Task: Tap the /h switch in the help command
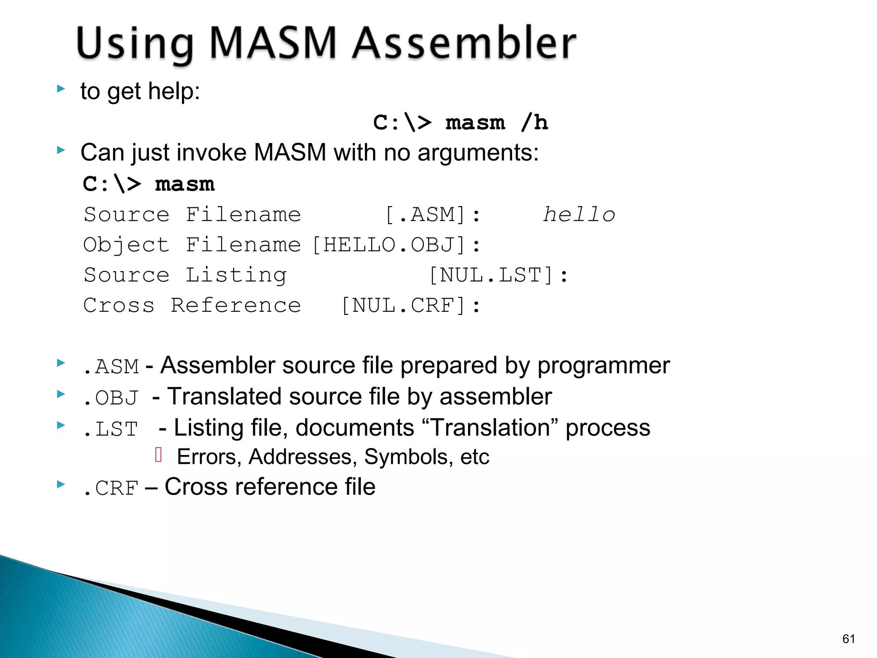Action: (534, 123)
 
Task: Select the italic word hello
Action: (579, 215)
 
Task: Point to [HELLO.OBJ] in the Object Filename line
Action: (389, 245)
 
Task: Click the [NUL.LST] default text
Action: (492, 275)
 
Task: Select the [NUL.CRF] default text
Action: (404, 306)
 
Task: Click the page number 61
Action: (848, 639)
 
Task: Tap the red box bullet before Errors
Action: (158, 455)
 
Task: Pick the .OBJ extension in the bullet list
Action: (111, 398)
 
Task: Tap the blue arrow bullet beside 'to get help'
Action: (61, 89)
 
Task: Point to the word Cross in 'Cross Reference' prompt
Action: (119, 306)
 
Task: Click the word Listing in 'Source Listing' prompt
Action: (236, 275)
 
